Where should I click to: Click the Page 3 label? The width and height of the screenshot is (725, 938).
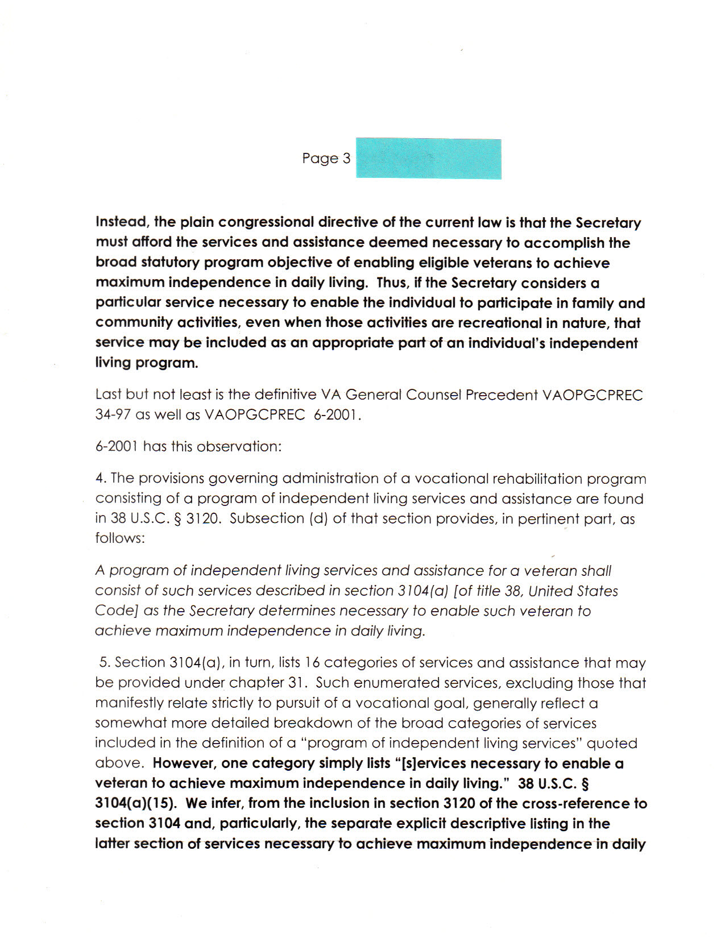[326, 159]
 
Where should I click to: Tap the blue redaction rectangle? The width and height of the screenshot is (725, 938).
[428, 159]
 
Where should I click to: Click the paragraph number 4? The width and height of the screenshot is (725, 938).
[100, 479]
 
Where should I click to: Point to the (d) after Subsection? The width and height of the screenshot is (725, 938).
[317, 519]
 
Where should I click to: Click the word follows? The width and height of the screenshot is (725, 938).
[119, 538]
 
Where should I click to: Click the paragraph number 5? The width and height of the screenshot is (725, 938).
[103, 663]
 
